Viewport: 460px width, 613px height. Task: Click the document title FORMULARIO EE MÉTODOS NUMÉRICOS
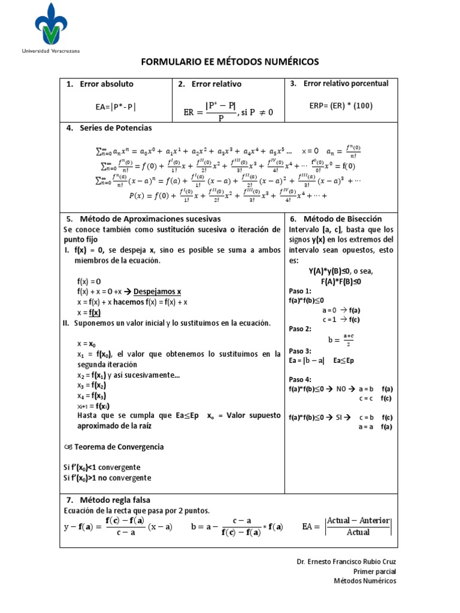[x=230, y=62]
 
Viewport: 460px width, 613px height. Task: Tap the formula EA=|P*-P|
[x=116, y=107]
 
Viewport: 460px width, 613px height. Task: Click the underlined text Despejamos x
[x=157, y=292]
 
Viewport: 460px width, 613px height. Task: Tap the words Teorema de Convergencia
[x=118, y=447]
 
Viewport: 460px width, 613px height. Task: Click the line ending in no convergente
[x=107, y=478]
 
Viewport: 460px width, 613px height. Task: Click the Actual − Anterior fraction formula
[x=358, y=526]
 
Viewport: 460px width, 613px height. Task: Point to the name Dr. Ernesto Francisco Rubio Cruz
[x=346, y=562]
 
